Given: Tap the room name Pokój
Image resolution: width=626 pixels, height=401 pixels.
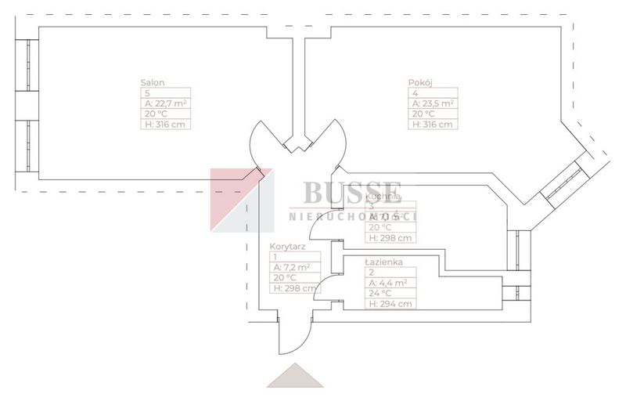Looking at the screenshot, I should click(420, 82).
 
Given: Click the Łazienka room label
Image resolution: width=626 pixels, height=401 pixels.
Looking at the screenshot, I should click(383, 262).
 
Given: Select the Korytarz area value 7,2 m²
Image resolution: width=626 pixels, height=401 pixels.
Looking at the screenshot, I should click(291, 266).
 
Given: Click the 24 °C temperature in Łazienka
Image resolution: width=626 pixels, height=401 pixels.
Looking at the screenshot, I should click(381, 294).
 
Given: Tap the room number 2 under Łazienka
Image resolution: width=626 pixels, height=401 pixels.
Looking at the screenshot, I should click(370, 273).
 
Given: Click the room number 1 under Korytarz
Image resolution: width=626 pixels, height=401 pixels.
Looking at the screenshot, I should click(275, 256).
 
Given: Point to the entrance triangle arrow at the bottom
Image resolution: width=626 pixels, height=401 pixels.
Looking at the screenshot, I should click(295, 377).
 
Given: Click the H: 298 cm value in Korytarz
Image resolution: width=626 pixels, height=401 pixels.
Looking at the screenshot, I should click(293, 287).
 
